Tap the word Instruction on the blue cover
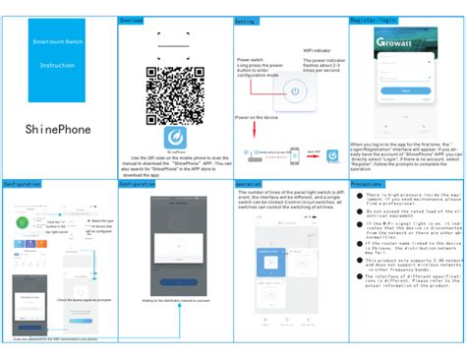57,66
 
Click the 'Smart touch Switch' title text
57,44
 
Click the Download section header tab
132,20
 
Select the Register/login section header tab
375,20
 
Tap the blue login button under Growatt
405,91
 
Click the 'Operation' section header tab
248,184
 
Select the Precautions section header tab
367,184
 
